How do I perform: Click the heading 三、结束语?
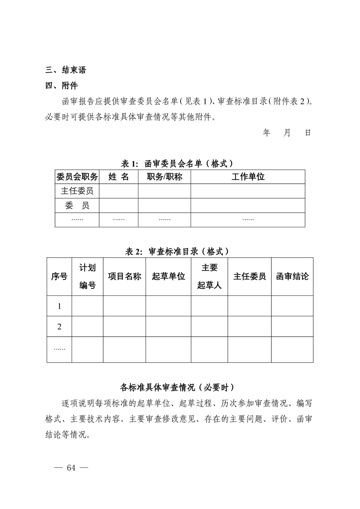tap(66, 70)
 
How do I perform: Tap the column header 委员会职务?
tap(77, 177)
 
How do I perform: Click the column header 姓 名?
tap(118, 177)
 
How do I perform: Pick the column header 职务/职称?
tap(164, 177)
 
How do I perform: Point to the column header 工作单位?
tap(247, 177)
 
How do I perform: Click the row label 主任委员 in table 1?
tap(77, 191)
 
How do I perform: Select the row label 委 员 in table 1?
tap(77, 206)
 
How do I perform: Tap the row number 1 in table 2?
tap(59, 306)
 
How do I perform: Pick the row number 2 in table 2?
tap(59, 327)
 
